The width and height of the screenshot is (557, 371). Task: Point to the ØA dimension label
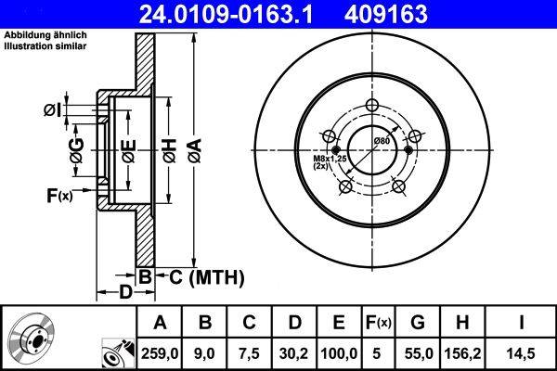(x=194, y=145)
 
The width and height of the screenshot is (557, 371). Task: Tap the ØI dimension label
(x=53, y=110)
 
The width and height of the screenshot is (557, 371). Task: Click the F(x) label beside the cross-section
(x=58, y=196)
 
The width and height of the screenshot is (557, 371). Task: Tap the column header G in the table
(x=418, y=322)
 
